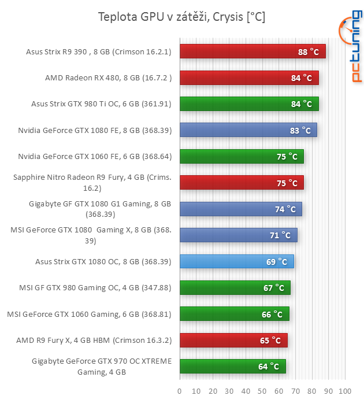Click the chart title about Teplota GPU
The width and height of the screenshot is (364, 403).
pos(181,17)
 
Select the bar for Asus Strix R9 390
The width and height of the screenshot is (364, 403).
pos(252,51)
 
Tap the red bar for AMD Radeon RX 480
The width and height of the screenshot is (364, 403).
pos(249,77)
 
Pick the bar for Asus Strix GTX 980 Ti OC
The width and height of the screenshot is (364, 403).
pos(249,104)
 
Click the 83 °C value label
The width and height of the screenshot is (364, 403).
pos(303,131)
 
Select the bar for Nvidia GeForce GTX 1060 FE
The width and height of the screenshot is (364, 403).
pos(242,157)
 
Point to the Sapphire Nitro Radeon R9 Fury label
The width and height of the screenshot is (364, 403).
pos(92,183)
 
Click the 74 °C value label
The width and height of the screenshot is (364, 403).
pos(288,209)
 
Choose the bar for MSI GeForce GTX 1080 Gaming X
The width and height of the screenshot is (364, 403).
pos(239,235)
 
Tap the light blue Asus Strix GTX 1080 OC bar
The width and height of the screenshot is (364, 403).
pos(237,262)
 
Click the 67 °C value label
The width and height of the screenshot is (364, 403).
pos(274,288)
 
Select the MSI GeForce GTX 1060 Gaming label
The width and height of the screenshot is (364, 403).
pos(89,315)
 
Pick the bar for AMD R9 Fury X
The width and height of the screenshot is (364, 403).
pos(233,341)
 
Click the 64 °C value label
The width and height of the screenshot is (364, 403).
pos(269,367)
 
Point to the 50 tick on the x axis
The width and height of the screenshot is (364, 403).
pos(263,390)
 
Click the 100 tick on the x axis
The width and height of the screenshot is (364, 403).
pos(346,390)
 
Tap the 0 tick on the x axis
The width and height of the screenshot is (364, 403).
pos(180,390)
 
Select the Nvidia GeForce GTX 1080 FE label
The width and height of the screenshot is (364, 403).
pos(94,131)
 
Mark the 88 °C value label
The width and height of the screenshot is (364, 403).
pos(309,51)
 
